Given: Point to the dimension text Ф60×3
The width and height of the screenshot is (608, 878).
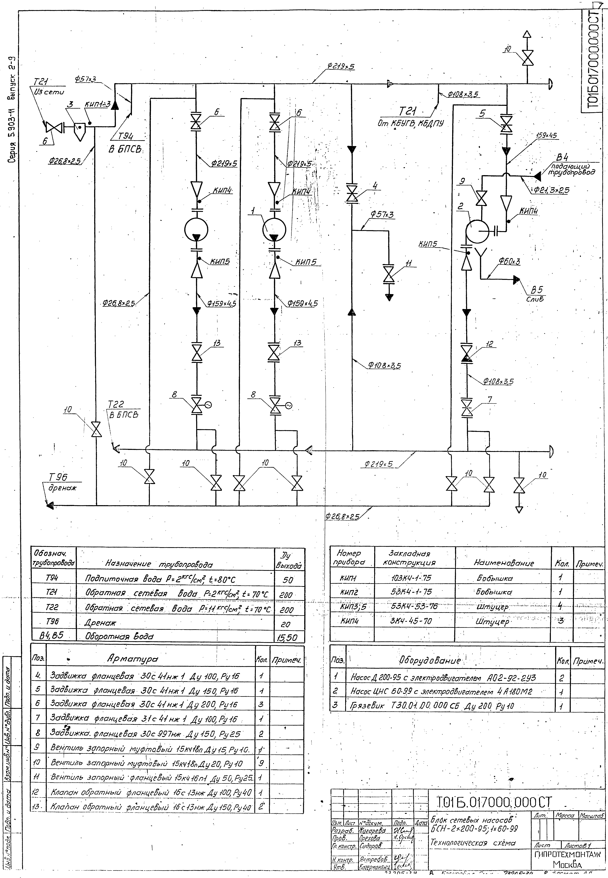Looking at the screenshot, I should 509,262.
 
